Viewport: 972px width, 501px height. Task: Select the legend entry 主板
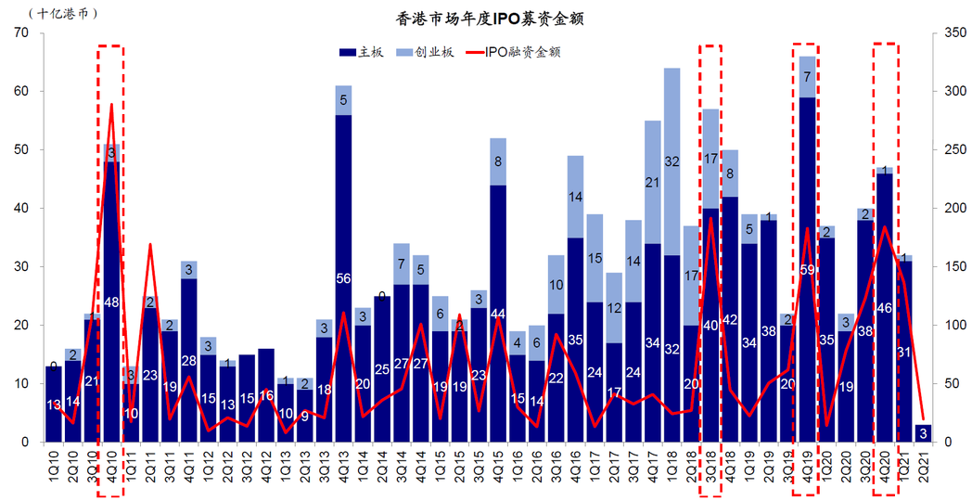(362, 52)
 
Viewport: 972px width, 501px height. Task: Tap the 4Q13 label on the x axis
(343, 464)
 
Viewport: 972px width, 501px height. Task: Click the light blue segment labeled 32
(671, 161)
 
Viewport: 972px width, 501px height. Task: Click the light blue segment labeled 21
(653, 183)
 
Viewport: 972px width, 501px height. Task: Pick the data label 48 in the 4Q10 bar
(111, 302)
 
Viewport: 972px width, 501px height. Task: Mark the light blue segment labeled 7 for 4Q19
(807, 77)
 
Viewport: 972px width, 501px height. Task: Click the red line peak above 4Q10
(111, 105)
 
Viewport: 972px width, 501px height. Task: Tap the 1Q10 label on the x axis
(53, 464)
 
